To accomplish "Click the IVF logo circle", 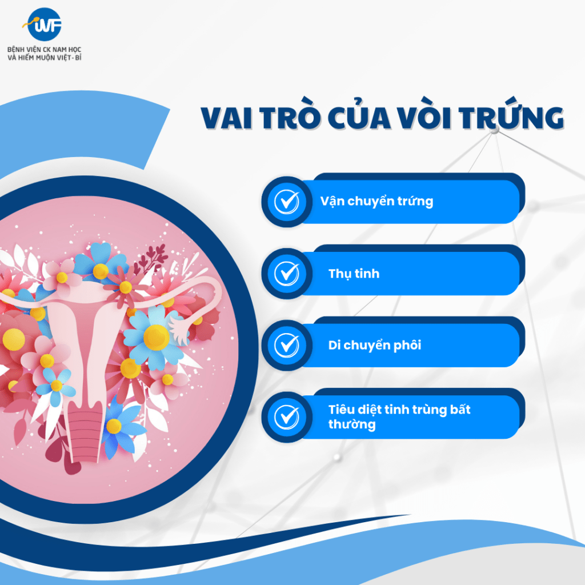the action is (45, 24).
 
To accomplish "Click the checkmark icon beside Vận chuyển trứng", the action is (287, 202).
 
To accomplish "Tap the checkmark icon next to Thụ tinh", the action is (287, 274).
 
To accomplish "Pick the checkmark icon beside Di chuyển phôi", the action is (287, 345).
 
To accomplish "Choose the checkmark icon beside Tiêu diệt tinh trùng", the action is (287, 416).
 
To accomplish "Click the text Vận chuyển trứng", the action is (377, 202).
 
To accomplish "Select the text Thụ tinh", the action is (354, 274).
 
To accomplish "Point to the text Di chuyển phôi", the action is (375, 345).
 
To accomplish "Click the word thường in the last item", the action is (352, 424).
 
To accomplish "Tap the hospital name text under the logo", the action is (45, 53).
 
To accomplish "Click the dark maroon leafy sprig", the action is (151, 258).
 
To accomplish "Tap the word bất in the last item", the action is (460, 409).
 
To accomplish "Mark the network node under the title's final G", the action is (495, 131).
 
